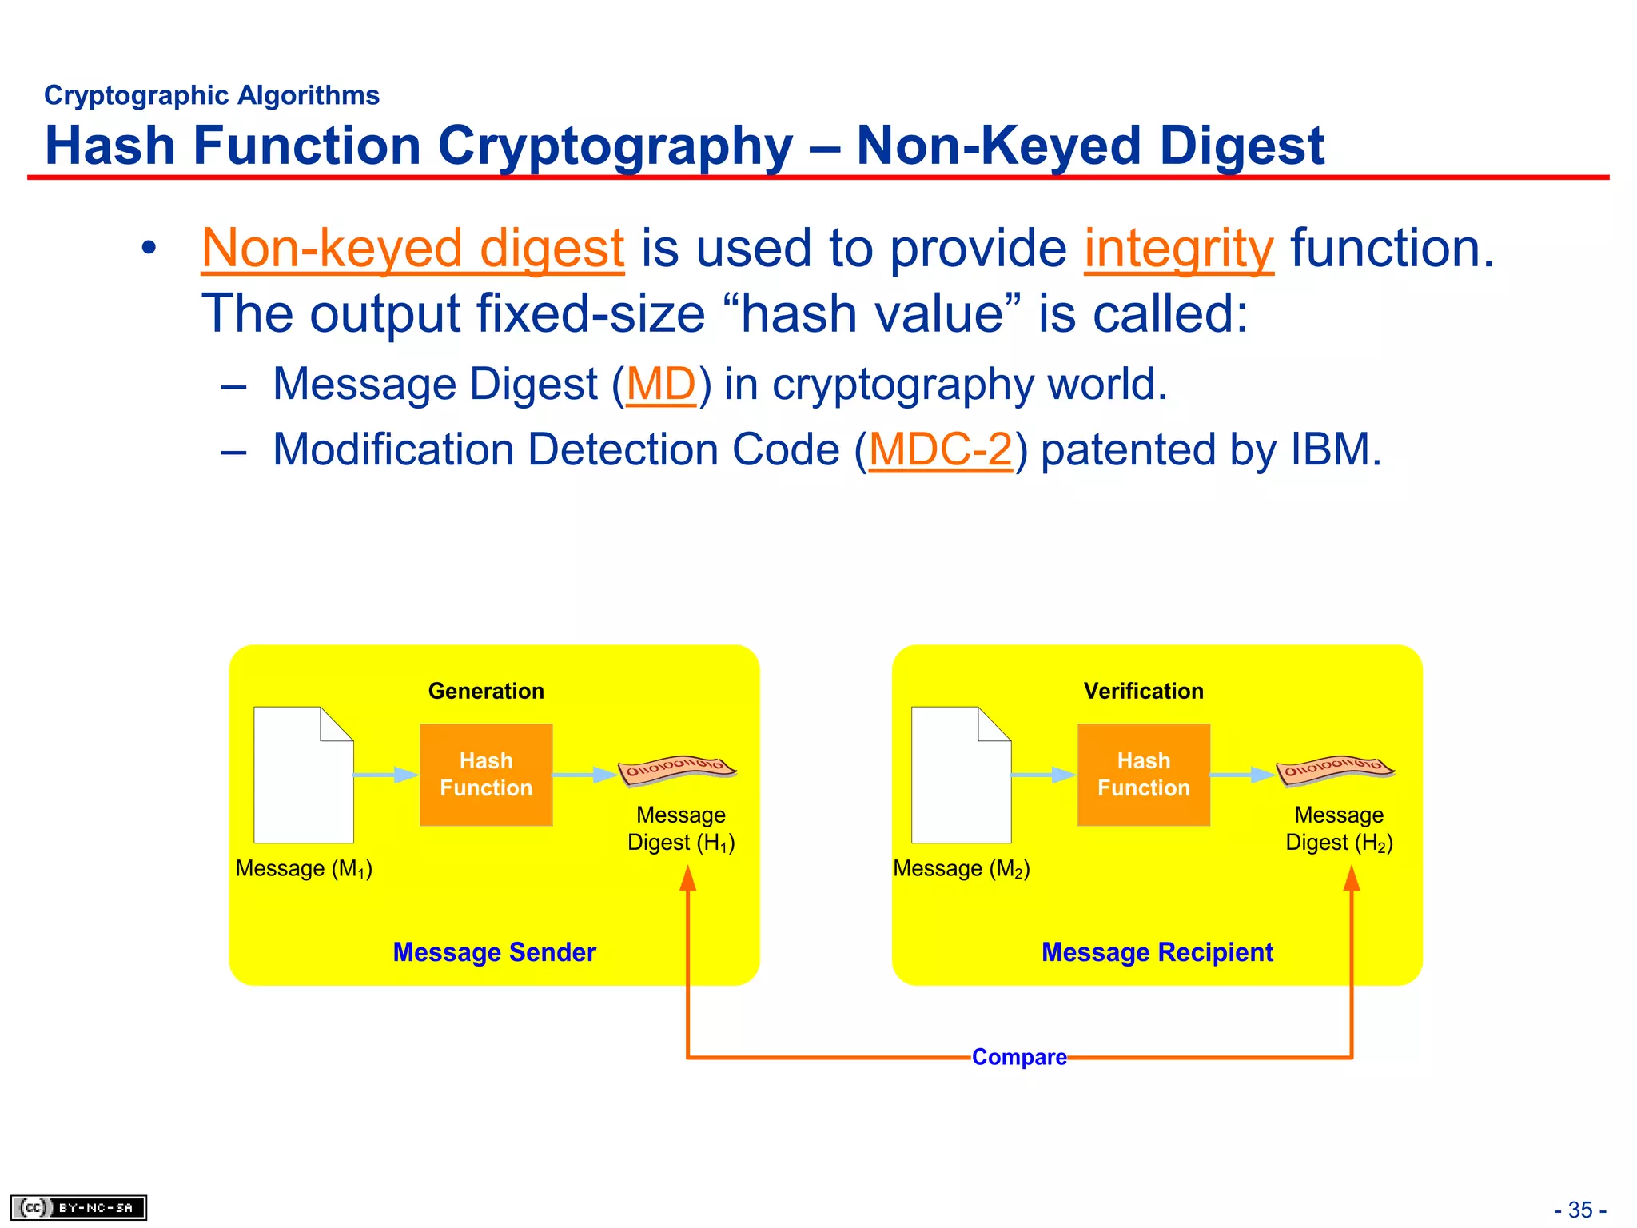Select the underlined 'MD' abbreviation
click(x=661, y=384)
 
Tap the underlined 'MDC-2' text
click(x=941, y=449)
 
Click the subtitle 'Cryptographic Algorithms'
click(x=212, y=95)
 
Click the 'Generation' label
click(x=486, y=691)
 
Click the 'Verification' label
click(x=1143, y=691)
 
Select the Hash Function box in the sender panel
click(x=486, y=774)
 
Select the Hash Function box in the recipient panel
click(x=1143, y=774)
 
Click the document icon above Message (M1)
click(x=303, y=775)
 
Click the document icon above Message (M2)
click(x=961, y=775)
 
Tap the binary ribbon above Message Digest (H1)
click(x=677, y=769)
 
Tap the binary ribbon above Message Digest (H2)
click(x=1335, y=769)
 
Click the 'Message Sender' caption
click(x=494, y=952)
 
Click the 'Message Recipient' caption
click(x=1157, y=952)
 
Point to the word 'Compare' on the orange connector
click(x=1019, y=1057)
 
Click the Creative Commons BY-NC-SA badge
click(x=78, y=1207)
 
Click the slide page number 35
click(x=1580, y=1210)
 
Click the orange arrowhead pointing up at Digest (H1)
click(x=688, y=879)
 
